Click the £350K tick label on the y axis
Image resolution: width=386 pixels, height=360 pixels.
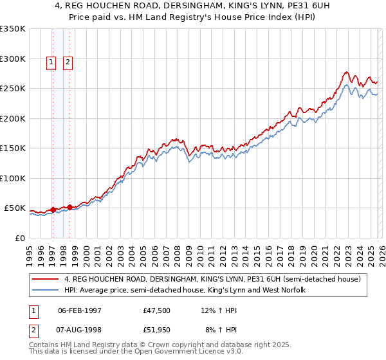coord(13,29)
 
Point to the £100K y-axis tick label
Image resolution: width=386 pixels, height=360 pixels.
coord(13,178)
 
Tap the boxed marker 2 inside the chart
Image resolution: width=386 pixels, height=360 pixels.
coord(68,62)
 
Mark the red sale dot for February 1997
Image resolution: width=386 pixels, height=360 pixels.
coord(53,210)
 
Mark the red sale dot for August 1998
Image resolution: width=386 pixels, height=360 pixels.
coord(69,207)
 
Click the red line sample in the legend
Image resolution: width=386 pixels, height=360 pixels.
coord(46,279)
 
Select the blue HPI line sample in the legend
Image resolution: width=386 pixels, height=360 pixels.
coord(46,290)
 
